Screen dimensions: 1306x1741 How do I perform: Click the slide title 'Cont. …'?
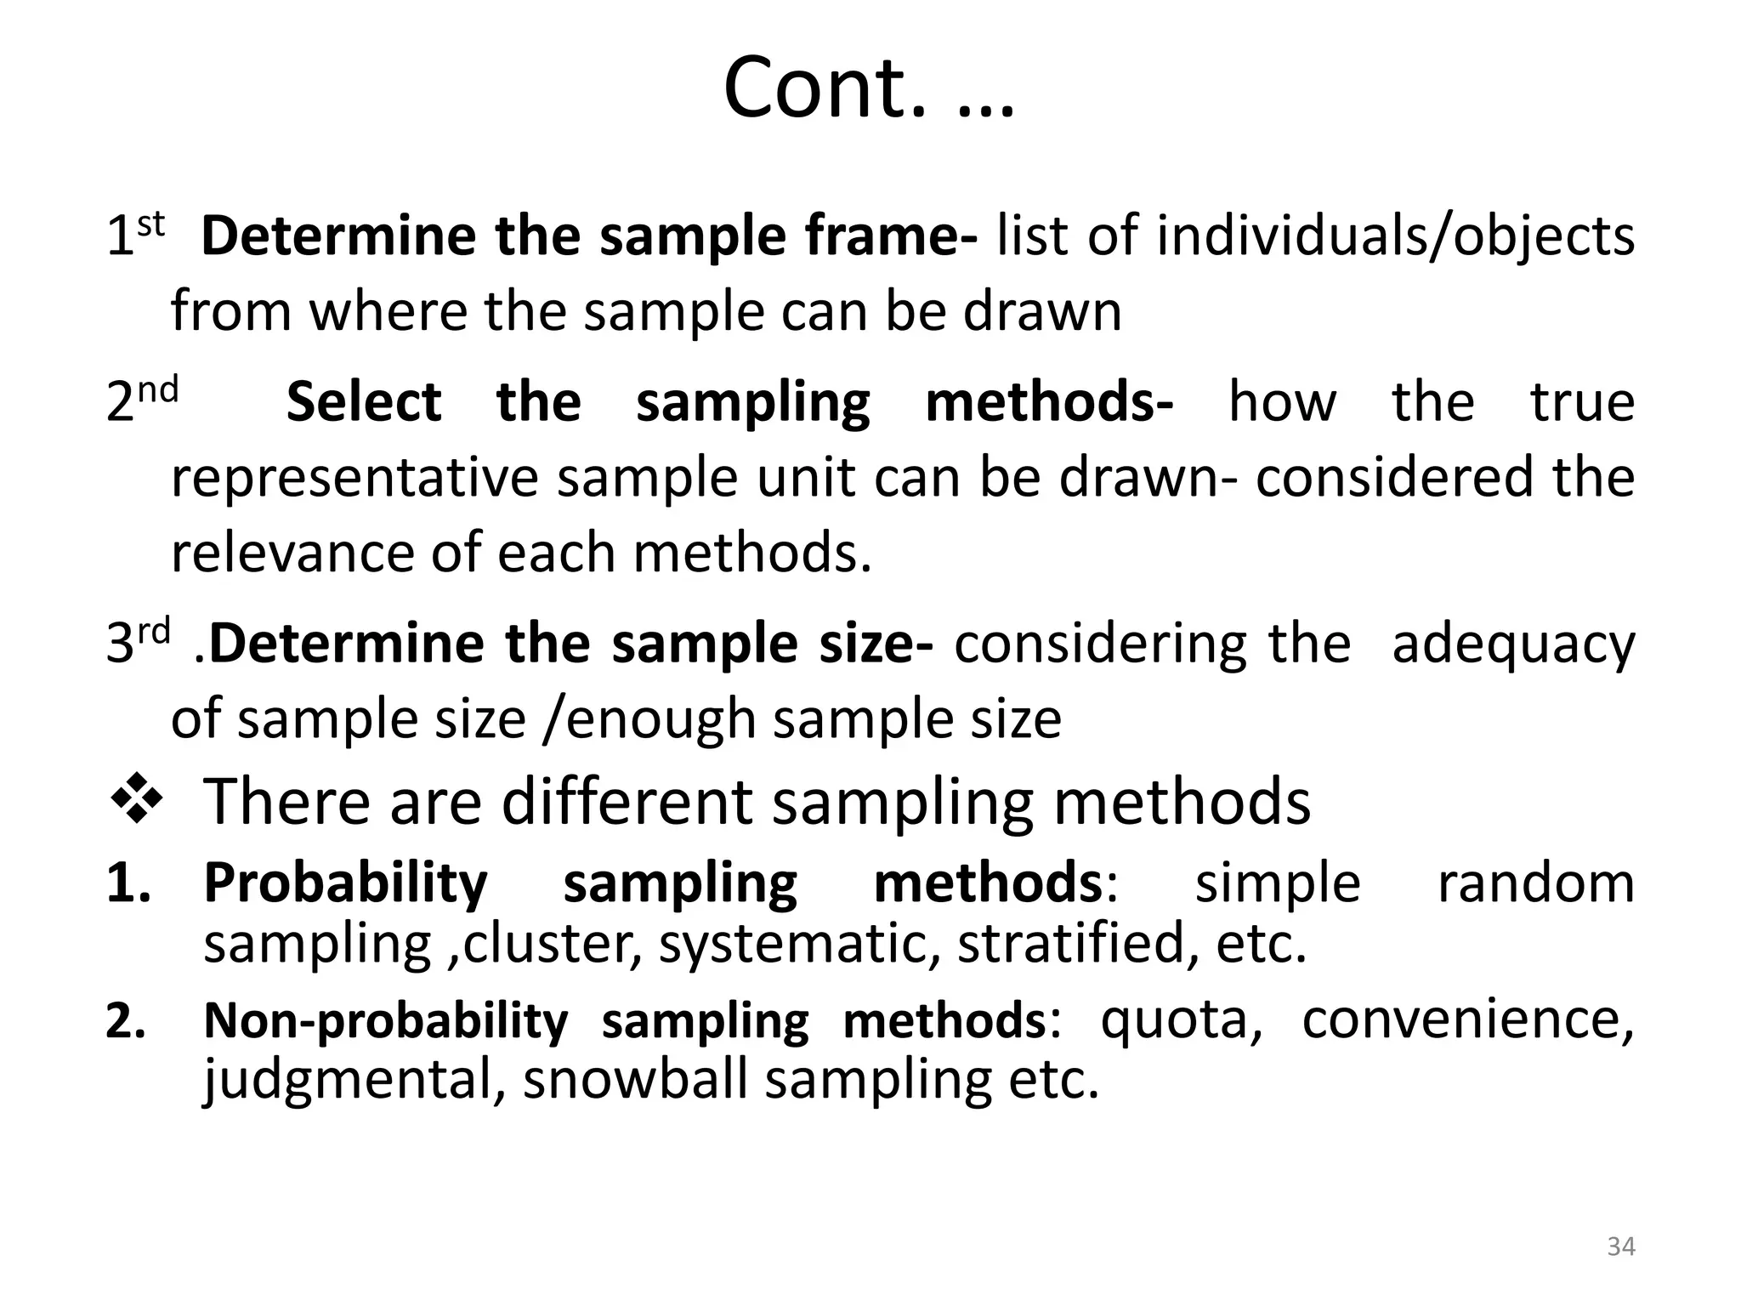(x=869, y=88)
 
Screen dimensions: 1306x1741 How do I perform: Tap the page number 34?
(x=1621, y=1246)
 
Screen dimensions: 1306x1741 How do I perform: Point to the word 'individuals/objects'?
(x=1395, y=236)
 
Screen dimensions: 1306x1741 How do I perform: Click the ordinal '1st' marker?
(x=134, y=234)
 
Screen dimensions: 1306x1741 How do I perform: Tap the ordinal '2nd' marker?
(x=142, y=400)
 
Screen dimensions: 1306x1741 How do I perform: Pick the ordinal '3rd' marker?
(x=139, y=641)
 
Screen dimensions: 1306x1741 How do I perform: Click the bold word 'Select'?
(x=364, y=401)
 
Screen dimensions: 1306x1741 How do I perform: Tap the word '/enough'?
(x=649, y=719)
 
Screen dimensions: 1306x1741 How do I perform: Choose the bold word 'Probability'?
(x=346, y=883)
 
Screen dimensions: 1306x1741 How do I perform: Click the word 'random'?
(x=1536, y=883)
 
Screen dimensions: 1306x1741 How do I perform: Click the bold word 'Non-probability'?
(x=386, y=1020)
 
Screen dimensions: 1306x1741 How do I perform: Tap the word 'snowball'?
(x=634, y=1080)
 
